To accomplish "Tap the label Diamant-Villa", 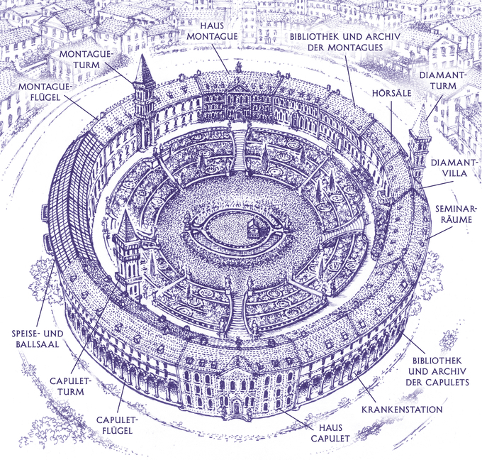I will point(449,168).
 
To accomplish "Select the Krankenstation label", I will point(402,410).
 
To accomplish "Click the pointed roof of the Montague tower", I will point(145,70).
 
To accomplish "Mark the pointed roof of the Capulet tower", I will point(128,227).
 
